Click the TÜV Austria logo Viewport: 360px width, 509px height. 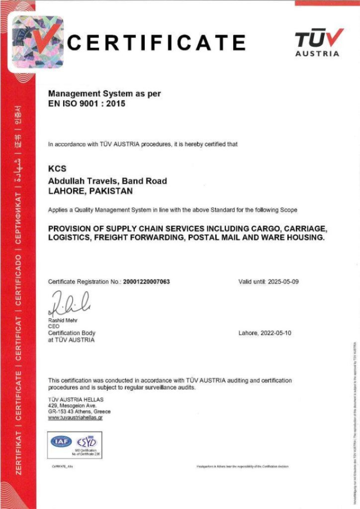tap(319, 42)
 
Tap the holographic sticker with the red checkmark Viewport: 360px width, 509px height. tap(38, 42)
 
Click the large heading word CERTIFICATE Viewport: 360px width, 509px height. tap(156, 42)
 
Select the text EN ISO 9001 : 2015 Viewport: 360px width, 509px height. tap(87, 104)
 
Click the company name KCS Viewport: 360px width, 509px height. tap(57, 169)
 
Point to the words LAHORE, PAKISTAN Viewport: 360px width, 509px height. tap(90, 190)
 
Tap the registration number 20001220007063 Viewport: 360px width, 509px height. tap(146, 282)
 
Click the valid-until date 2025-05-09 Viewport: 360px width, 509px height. tap(283, 282)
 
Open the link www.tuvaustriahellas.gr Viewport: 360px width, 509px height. tap(75, 418)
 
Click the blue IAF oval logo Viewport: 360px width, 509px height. tap(61, 441)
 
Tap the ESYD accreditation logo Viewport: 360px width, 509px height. tap(87, 441)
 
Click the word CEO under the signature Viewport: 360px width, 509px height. tap(54, 327)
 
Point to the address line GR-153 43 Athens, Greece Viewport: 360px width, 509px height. tap(79, 412)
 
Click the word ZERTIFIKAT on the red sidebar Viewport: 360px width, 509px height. tap(18, 453)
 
